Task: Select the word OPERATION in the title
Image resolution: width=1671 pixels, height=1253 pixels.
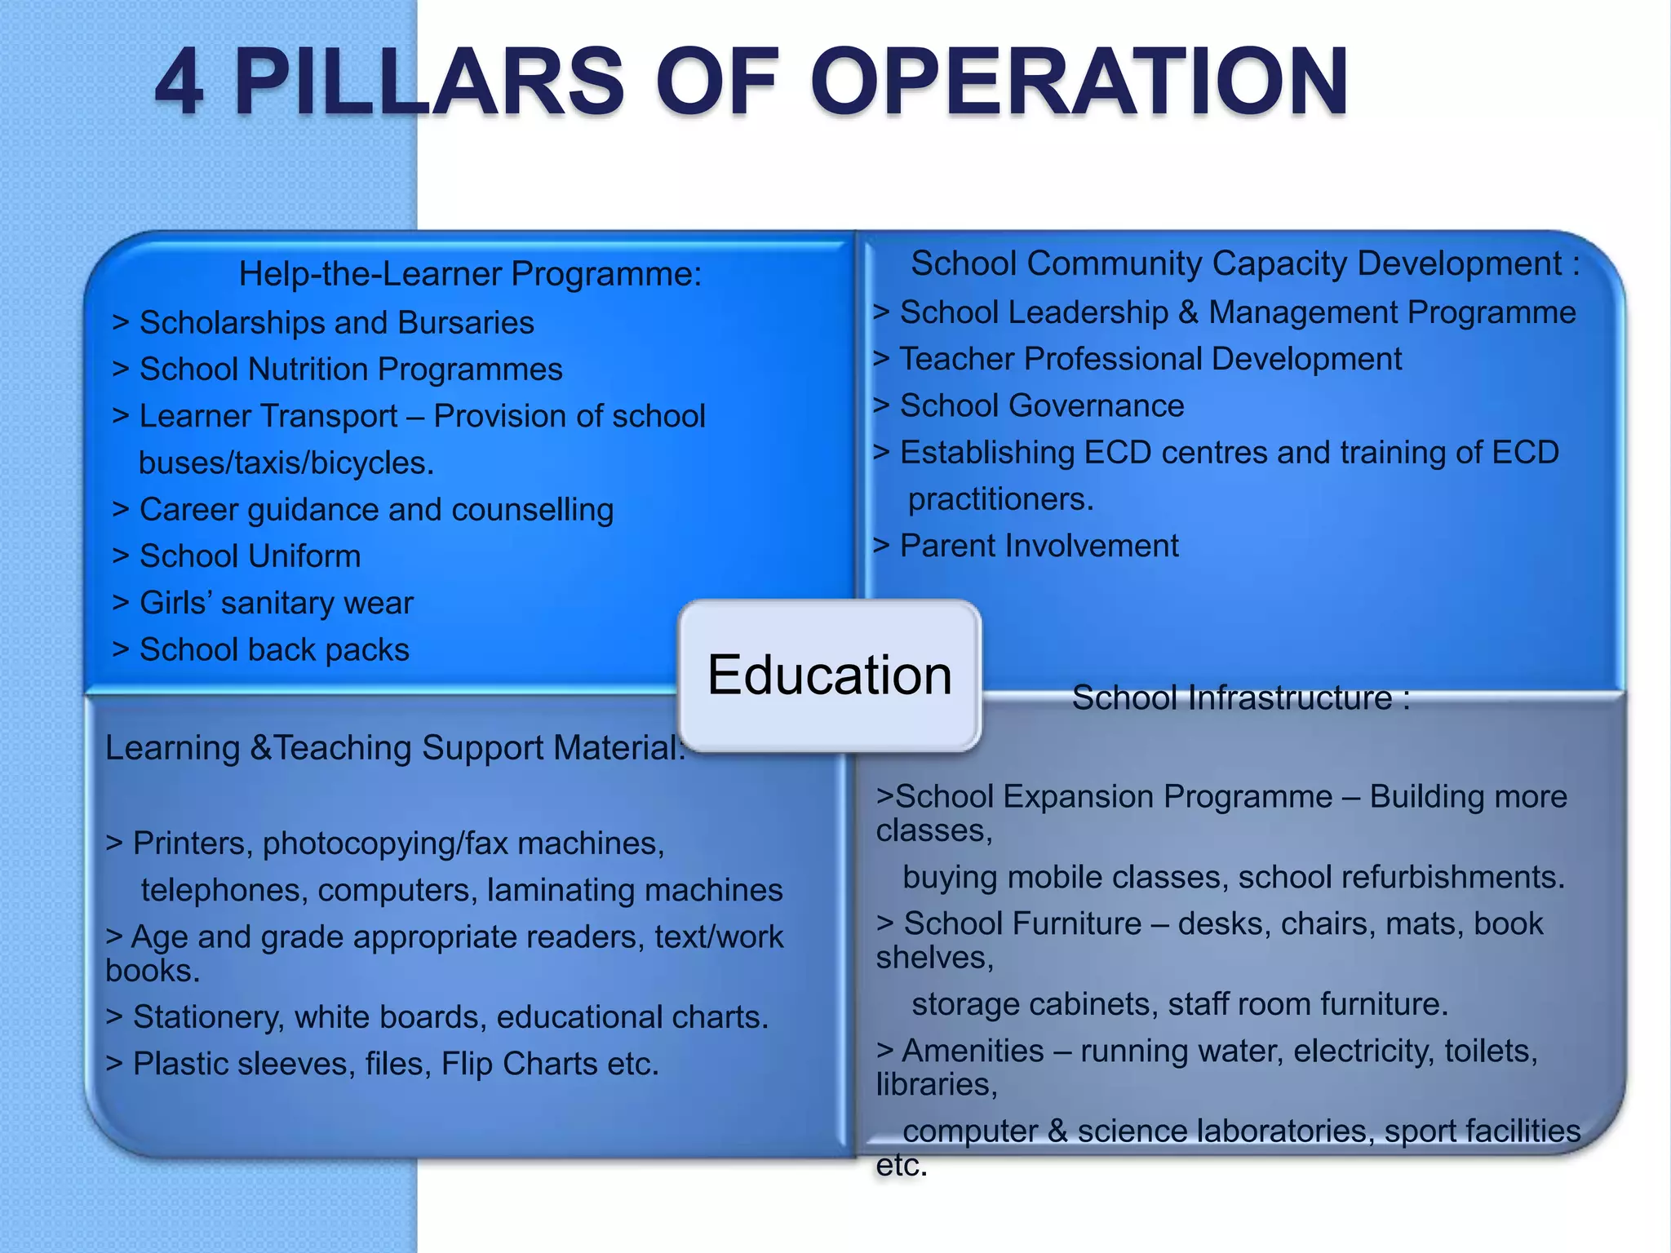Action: coord(1079,82)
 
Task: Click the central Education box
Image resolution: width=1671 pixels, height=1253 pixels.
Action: coord(829,675)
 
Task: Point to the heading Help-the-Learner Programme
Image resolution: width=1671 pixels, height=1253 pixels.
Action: coord(470,274)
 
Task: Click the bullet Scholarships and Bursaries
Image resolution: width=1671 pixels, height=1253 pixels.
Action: coord(336,323)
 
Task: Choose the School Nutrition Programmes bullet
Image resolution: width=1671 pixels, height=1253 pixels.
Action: coord(351,370)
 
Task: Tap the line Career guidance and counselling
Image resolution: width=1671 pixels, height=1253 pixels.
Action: coord(376,510)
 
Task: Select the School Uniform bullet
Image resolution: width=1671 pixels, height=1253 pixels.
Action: coord(250,556)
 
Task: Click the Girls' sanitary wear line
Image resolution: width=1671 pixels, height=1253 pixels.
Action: coord(276,603)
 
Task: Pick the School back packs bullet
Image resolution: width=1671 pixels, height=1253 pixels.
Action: coord(274,650)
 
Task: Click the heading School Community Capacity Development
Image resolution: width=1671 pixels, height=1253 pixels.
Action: coord(1244,263)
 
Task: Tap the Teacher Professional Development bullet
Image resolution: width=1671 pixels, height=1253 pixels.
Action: coord(1150,359)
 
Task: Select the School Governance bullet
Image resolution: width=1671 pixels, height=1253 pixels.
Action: coord(1042,405)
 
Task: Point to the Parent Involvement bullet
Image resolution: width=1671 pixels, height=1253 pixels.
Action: coord(1039,546)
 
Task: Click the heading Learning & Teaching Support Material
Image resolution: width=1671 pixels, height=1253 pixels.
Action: coord(395,748)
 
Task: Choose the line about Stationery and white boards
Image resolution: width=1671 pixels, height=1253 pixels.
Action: coord(450,1017)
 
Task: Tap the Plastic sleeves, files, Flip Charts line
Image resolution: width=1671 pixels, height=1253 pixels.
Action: coord(395,1064)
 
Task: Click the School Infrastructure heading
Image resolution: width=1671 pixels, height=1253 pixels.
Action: coord(1240,698)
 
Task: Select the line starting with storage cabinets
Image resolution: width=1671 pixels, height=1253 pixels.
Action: coord(1179,1004)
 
